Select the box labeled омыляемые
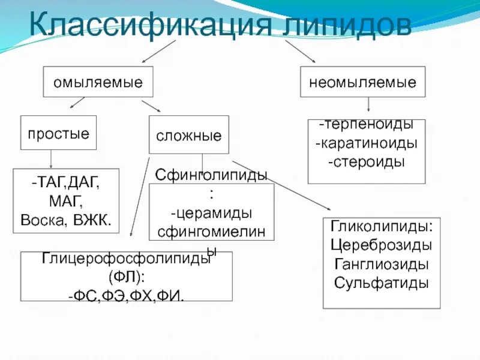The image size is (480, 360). pos(98,82)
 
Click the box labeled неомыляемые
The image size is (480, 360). pos(362,82)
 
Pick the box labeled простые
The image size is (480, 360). pos(58,133)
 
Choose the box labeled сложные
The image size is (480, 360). pos(188,136)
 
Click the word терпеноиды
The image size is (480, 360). pos(368,125)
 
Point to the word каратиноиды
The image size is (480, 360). pos(368,143)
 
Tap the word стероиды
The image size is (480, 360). pos(366,161)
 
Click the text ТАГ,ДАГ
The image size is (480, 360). pos(66,181)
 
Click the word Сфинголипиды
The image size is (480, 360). pos(211,175)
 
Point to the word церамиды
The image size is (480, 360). pos(211,214)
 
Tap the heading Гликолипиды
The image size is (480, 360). pos(382,227)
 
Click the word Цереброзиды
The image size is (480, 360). pos(382,245)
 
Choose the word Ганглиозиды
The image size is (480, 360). pos(382,264)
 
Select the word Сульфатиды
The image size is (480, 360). pos(382,283)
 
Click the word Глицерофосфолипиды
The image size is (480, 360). pos(126,259)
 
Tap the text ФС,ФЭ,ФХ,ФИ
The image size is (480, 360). pos(126,295)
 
